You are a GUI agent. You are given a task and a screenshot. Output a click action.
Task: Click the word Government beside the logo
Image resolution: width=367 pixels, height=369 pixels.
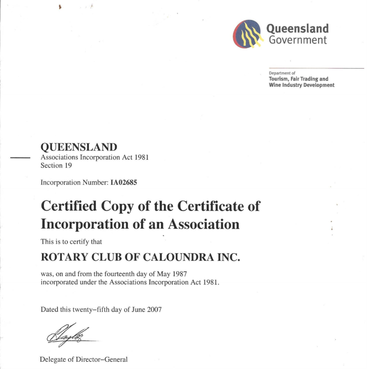pyautogui.click(x=298, y=40)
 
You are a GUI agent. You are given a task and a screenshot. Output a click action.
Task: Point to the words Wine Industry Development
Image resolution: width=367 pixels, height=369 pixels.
pyautogui.click(x=301, y=85)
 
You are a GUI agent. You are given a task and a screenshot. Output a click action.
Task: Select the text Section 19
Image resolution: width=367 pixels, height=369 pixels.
pyautogui.click(x=56, y=165)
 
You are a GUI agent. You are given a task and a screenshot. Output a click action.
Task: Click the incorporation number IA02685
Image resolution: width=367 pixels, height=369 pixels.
pyautogui.click(x=124, y=182)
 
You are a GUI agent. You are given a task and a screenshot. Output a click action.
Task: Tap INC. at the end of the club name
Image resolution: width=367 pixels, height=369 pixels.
pyautogui.click(x=228, y=257)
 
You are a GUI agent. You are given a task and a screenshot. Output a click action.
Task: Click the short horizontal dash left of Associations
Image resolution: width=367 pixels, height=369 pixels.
pyautogui.click(x=20, y=158)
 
